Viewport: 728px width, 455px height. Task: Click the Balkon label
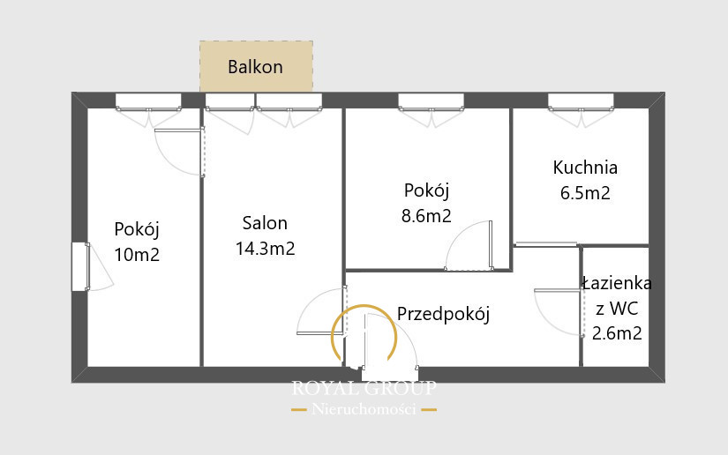pyautogui.click(x=255, y=67)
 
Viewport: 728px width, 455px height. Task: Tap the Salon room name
pyautogui.click(x=265, y=223)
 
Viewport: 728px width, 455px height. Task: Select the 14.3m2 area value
pyautogui.click(x=265, y=249)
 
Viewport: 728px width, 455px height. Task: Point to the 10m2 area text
pyautogui.click(x=137, y=255)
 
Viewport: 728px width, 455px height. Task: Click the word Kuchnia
pyautogui.click(x=585, y=168)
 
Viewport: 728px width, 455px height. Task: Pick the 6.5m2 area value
pyautogui.click(x=585, y=193)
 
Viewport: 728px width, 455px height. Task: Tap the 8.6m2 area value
pyautogui.click(x=426, y=216)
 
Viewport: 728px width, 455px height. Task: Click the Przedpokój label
pyautogui.click(x=443, y=315)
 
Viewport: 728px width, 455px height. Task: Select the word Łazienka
pyautogui.click(x=617, y=283)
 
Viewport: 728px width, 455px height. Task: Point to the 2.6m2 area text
pyautogui.click(x=617, y=333)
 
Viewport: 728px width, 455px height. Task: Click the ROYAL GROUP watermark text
pyautogui.click(x=364, y=388)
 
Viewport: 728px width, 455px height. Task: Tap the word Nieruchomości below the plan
pyautogui.click(x=364, y=409)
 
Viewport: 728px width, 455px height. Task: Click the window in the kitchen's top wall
pyautogui.click(x=581, y=101)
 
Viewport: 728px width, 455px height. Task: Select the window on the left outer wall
pyautogui.click(x=79, y=266)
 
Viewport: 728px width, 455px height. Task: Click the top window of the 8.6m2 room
pyautogui.click(x=431, y=101)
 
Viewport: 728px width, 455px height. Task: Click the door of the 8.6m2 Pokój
pyautogui.click(x=491, y=244)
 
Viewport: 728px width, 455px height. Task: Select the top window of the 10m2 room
pyautogui.click(x=148, y=101)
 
